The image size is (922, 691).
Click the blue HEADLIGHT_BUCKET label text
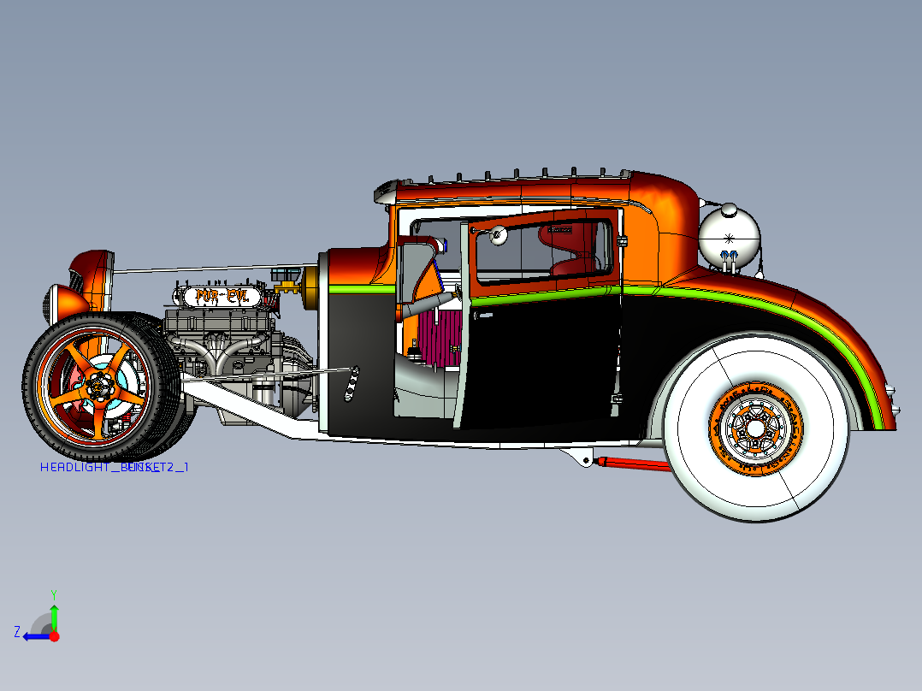tap(114, 468)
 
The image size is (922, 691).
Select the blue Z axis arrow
tap(33, 635)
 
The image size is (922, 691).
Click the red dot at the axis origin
tap(54, 636)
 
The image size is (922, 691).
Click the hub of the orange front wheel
tap(99, 386)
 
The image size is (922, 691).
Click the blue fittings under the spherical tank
tap(729, 257)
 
